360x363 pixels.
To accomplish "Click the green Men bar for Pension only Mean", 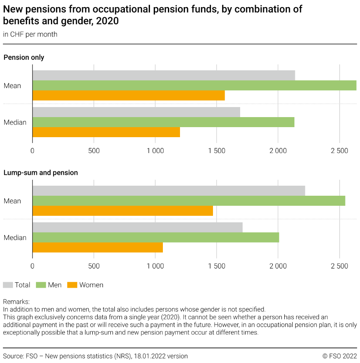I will pyautogui.click(x=194, y=85).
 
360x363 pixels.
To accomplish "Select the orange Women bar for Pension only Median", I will pyautogui.click(x=106, y=132).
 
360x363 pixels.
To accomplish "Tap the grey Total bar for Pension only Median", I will pyautogui.click(x=136, y=112).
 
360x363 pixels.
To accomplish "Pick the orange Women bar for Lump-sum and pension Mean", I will pyautogui.click(x=122, y=211).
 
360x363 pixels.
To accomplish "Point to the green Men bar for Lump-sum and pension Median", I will pyautogui.click(x=155, y=238).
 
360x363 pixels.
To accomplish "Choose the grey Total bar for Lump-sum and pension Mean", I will pyautogui.click(x=168, y=191).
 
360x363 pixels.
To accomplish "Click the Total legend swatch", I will pyautogui.click(x=8, y=285).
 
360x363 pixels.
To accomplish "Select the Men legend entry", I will pyautogui.click(x=49, y=285).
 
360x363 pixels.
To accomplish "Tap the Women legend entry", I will pyautogui.click(x=86, y=285).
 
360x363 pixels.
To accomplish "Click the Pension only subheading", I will pyautogui.click(x=24, y=57).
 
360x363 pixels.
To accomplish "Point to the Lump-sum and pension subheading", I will pyautogui.click(x=41, y=172).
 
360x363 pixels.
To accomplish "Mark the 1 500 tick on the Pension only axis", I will pyautogui.click(x=216, y=151).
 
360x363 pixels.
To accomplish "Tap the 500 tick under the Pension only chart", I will pyautogui.click(x=94, y=151).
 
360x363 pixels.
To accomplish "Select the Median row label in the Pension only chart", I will pyautogui.click(x=15, y=123).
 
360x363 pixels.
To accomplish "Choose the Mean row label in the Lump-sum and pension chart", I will pyautogui.click(x=12, y=201).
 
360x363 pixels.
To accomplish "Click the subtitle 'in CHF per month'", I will pyautogui.click(x=30, y=34).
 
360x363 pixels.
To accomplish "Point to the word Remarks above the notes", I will pyautogui.click(x=16, y=301).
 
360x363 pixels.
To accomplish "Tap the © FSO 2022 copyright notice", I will pyautogui.click(x=340, y=356).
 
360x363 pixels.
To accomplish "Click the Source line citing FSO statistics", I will pyautogui.click(x=95, y=356).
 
